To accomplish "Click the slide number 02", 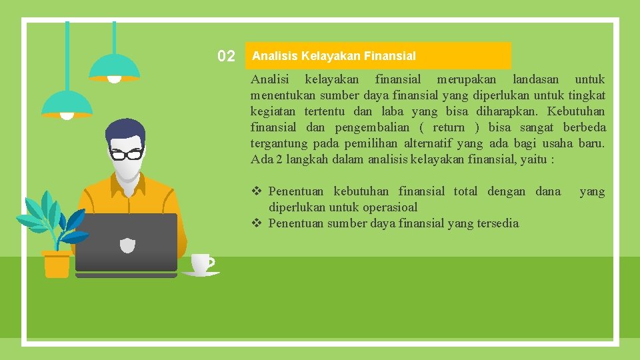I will click(226, 56).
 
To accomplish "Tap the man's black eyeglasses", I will click(127, 154).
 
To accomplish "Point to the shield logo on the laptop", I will click(127, 245).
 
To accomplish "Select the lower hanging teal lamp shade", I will click(67, 103).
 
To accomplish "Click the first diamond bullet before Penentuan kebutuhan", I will click(256, 192).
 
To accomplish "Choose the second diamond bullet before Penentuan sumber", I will click(256, 223).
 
